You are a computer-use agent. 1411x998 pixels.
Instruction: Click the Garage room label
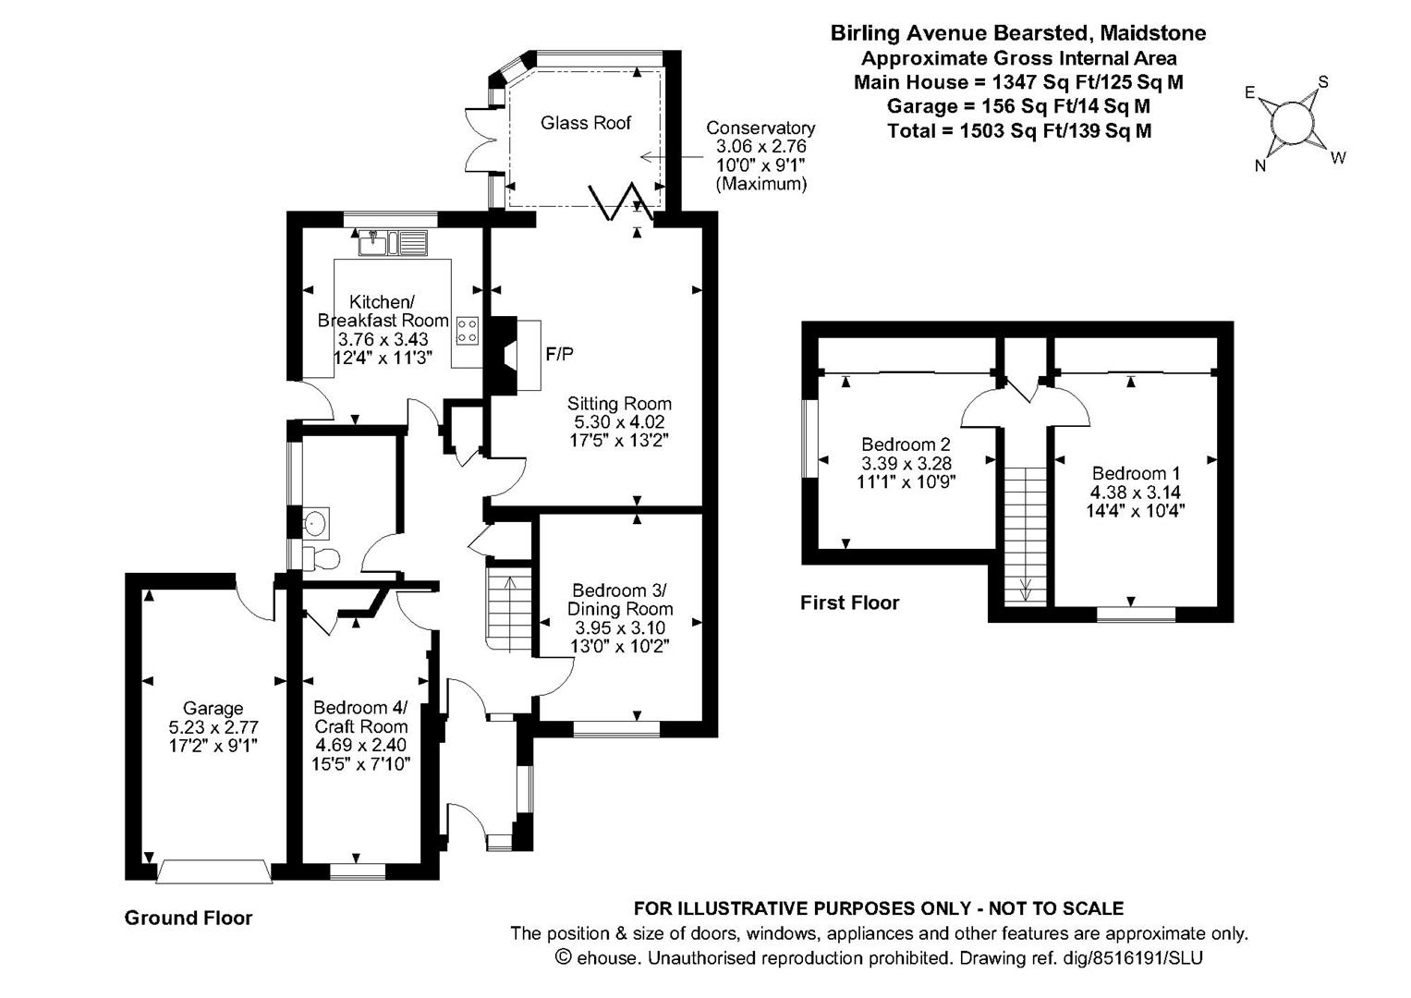tap(213, 709)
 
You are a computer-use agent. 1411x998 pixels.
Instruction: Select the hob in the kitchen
tap(468, 331)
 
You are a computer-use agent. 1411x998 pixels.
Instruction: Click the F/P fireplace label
tap(559, 354)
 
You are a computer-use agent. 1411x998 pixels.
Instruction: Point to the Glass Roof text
tap(586, 123)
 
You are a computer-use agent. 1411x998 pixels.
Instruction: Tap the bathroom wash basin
tap(316, 524)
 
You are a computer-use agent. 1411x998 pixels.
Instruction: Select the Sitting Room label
tap(619, 404)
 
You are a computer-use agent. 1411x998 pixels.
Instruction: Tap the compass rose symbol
tap(1292, 121)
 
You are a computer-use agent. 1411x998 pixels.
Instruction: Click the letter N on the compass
tap(1259, 166)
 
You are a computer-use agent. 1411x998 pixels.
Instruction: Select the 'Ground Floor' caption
tap(189, 918)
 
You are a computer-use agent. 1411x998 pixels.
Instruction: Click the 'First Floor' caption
tap(849, 603)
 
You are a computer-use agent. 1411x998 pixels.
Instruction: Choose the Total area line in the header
tap(1018, 131)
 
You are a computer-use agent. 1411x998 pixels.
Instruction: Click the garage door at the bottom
tap(214, 872)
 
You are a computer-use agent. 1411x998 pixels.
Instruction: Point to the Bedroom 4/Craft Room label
tap(360, 717)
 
